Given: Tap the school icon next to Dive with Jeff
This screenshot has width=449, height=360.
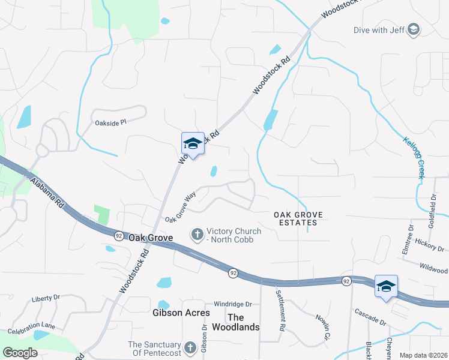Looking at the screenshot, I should pos(413,29).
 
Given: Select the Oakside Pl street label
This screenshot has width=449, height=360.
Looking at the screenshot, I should pos(111,122).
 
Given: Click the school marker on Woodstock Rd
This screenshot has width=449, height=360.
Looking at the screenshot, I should pos(193,144).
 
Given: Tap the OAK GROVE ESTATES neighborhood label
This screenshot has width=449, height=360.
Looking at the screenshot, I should pos(298,218).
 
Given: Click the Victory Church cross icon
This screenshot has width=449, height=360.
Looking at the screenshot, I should pos(197,235).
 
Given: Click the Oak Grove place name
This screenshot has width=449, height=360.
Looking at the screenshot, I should pos(151,238).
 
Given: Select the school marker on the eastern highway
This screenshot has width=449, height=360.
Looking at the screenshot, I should pos(386,286).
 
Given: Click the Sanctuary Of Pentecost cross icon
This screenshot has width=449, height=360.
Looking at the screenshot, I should pos(190,347).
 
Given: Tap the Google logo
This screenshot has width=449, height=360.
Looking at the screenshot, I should pos(20,353).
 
